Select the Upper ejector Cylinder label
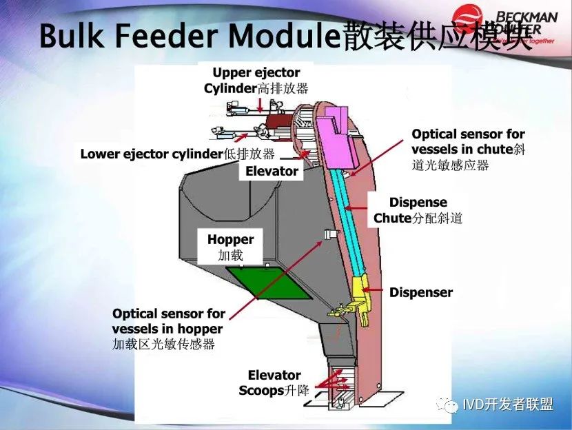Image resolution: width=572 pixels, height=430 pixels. coord(256,81)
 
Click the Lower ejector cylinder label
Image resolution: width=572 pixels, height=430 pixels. coord(177,154)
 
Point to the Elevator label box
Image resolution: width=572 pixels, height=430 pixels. coord(272,171)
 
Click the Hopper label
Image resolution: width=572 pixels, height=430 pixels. coord(230,247)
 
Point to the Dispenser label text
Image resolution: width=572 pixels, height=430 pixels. coord(420,292)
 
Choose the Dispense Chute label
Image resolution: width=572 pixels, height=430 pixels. coord(418,210)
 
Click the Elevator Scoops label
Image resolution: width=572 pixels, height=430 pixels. coord(274,383)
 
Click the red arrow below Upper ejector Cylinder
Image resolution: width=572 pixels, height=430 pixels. coord(260,104)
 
